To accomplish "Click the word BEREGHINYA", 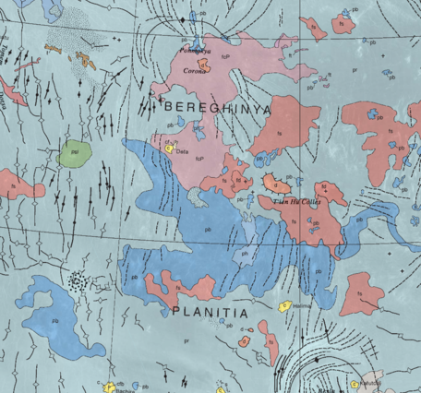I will tap(217, 108).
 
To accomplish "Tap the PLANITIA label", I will tap(210, 313).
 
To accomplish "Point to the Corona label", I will tap(195, 70).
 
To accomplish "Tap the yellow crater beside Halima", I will tap(285, 304).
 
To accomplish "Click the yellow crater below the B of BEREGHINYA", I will tap(170, 146).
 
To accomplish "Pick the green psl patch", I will tap(72, 152).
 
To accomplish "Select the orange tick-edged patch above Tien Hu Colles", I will tap(272, 182).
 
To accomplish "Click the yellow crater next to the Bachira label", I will tap(110, 388).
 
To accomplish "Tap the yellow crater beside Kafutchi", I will tap(355, 385).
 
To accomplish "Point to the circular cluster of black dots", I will tap(82, 279).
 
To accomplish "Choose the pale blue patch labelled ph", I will tap(245, 253).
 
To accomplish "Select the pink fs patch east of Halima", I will tap(361, 294).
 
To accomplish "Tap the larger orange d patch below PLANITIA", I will tap(245, 340).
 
